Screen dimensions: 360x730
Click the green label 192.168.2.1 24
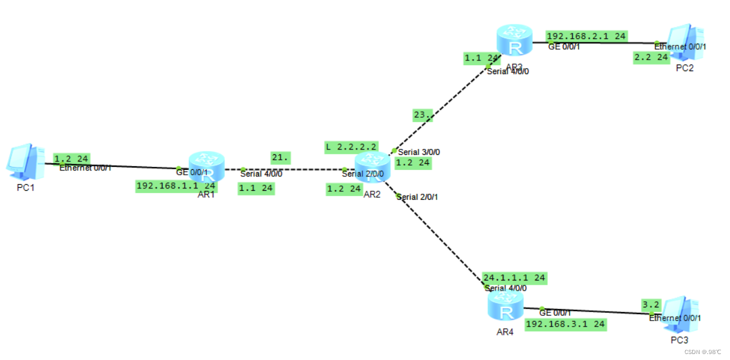click(x=586, y=36)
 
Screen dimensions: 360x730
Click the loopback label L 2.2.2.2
click(x=351, y=147)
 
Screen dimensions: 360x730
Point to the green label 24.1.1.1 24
click(x=514, y=278)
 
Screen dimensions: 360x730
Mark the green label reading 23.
click(x=423, y=115)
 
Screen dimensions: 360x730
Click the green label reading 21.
click(x=280, y=158)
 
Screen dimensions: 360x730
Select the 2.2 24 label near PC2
click(x=651, y=57)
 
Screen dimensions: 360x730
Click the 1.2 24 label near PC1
click(x=72, y=159)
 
